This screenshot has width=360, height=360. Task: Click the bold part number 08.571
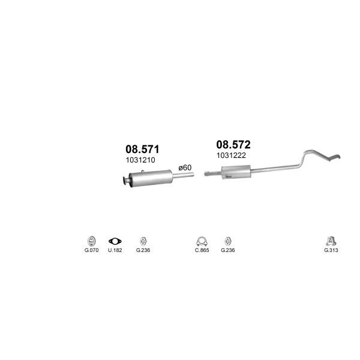coord(142,149)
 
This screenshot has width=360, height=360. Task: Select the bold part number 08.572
coord(233,145)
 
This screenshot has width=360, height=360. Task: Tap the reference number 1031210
coord(140,160)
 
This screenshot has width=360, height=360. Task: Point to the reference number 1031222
coord(231,155)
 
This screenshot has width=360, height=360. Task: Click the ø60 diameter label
coord(185,167)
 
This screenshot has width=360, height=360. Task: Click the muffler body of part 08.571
coord(151,178)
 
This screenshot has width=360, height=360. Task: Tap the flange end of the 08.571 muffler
coord(125,181)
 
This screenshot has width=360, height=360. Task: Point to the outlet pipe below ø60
coord(183,176)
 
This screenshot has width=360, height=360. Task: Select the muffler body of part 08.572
coord(236,172)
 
